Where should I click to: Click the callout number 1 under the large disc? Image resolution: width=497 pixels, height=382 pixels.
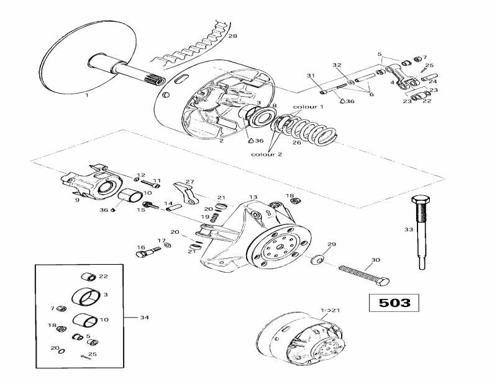pyautogui.click(x=86, y=95)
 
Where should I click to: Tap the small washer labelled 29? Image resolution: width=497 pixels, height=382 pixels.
pyautogui.click(x=317, y=257)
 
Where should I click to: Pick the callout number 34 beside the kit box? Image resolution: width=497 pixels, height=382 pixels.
pyautogui.click(x=145, y=318)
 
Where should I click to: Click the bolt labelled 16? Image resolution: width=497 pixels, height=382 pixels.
pyautogui.click(x=146, y=251)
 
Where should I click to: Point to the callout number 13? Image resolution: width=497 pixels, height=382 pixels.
pyautogui.click(x=253, y=197)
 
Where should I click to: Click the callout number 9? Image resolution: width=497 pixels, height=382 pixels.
pyautogui.click(x=77, y=200)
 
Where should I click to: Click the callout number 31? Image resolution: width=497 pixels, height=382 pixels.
pyautogui.click(x=311, y=76)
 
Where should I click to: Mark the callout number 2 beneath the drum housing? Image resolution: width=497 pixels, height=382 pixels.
pyautogui.click(x=221, y=141)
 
